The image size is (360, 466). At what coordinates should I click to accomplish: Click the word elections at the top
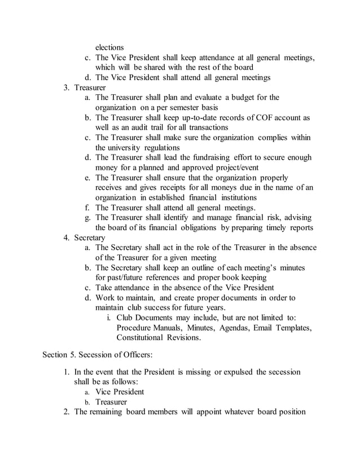point(109,47)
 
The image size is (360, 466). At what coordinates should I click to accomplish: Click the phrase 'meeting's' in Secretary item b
point(265,267)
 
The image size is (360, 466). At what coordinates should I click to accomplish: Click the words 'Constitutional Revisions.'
point(158,337)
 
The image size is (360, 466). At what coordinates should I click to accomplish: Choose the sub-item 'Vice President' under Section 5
point(120,392)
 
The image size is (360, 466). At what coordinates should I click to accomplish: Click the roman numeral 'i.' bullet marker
point(108,318)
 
